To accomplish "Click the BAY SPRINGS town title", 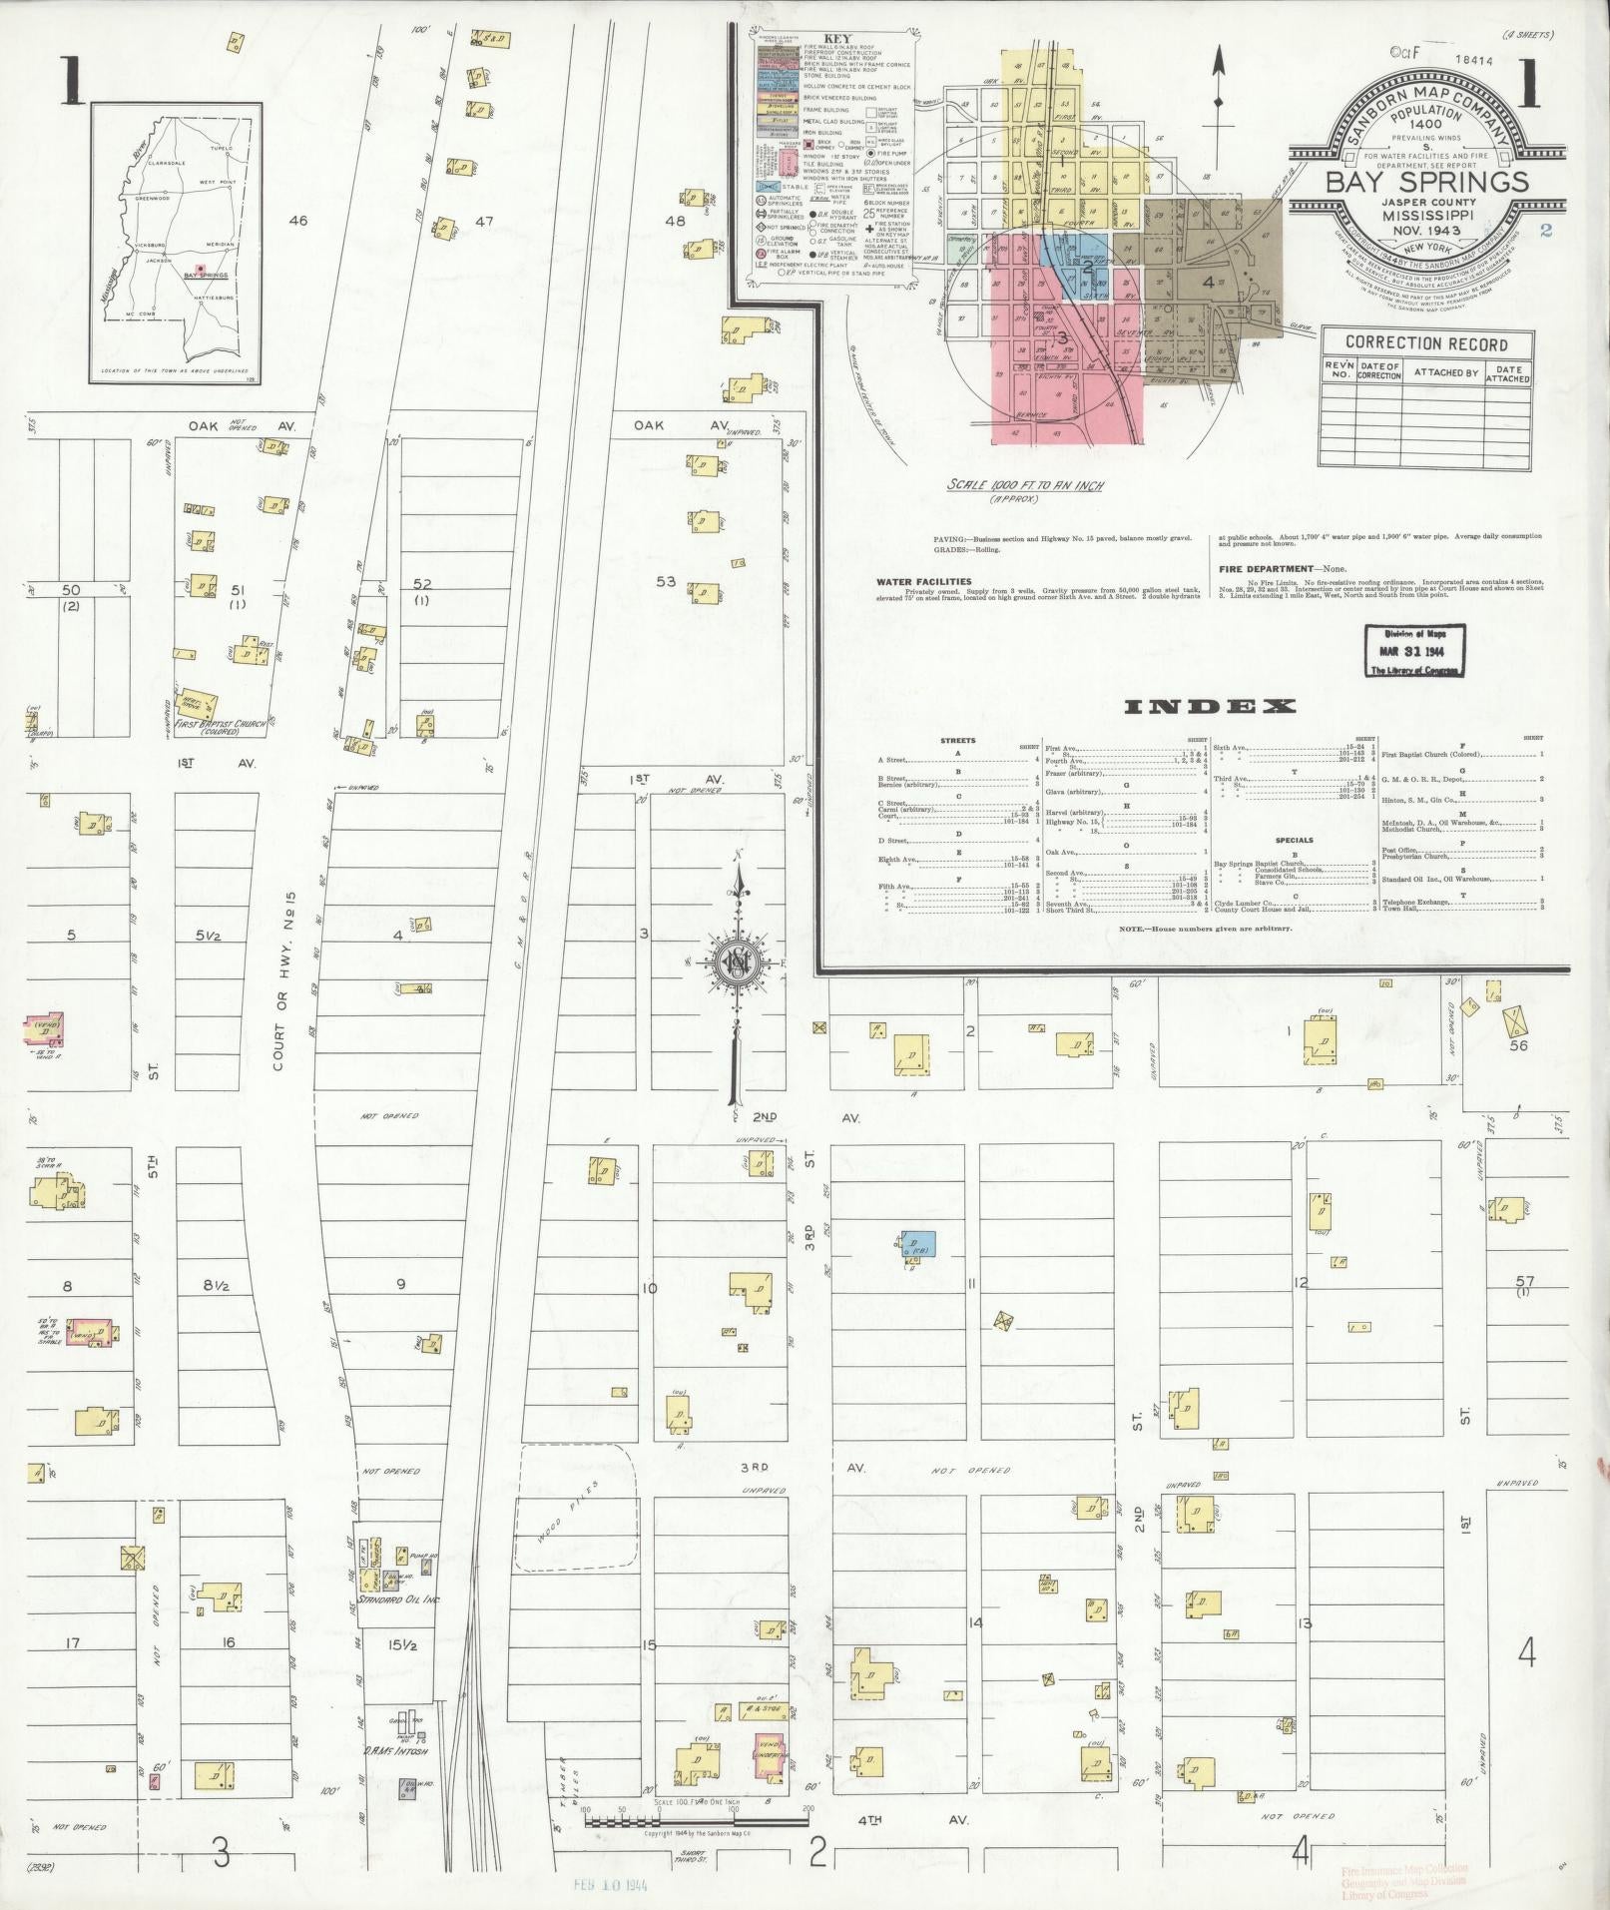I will (1426, 181).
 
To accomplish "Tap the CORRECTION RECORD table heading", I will (1426, 343).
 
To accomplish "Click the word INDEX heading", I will (1210, 707).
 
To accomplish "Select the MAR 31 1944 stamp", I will (1411, 652).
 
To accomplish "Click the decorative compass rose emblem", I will (736, 962).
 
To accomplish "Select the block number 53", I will (666, 581).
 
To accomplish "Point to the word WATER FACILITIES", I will (923, 580).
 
